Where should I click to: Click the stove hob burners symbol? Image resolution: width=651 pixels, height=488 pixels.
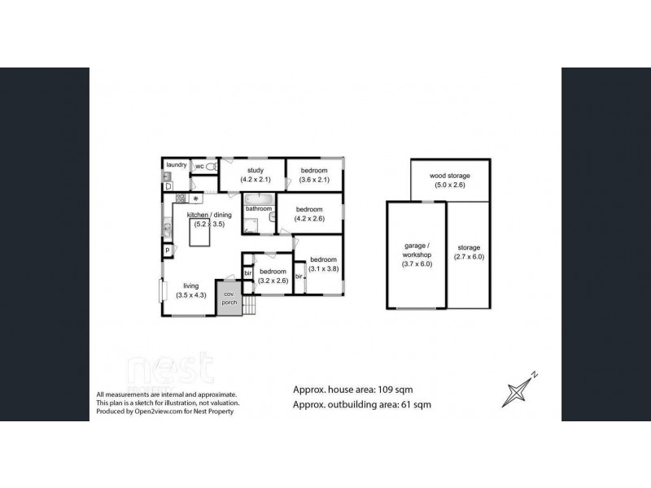pyautogui.click(x=181, y=198)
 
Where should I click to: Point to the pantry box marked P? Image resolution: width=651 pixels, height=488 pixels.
pyautogui.click(x=168, y=251)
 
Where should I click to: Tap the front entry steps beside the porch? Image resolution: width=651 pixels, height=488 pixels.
pyautogui.click(x=251, y=305)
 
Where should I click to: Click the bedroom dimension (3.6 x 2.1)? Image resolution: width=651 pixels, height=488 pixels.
pyautogui.click(x=313, y=180)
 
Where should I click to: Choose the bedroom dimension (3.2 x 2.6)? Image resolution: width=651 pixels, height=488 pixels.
pyautogui.click(x=273, y=281)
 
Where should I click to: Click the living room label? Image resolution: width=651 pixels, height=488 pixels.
pyautogui.click(x=190, y=285)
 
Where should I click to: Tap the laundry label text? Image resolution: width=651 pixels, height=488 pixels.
pyautogui.click(x=177, y=165)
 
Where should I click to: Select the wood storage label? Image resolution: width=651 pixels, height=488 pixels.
pyautogui.click(x=450, y=176)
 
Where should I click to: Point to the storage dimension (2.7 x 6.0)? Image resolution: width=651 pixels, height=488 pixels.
pyautogui.click(x=469, y=256)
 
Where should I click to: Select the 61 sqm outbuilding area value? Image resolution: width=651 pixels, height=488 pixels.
pyautogui.click(x=414, y=404)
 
